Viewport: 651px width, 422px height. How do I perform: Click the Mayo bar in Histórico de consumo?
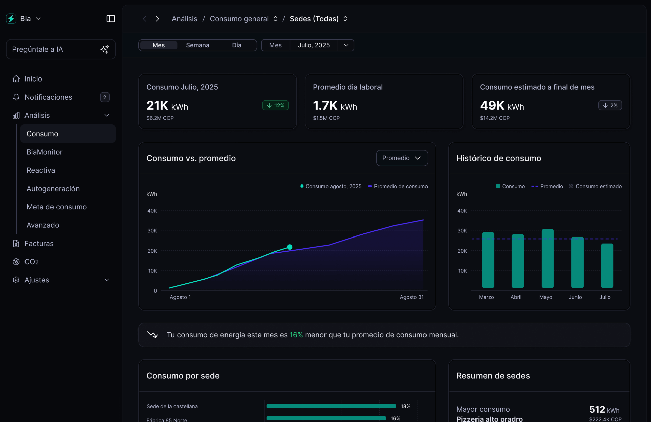tap(547, 259)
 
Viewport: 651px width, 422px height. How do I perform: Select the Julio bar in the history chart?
tap(607, 266)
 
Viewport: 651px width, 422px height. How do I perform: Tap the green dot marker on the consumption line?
tap(290, 247)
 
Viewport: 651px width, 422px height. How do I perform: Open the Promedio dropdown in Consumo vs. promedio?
tap(402, 158)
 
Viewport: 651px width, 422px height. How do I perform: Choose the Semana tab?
tap(197, 45)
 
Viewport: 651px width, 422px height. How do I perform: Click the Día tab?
tap(236, 45)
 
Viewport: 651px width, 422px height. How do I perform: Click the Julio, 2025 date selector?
tap(313, 45)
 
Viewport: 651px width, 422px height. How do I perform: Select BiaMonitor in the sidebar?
tap(44, 152)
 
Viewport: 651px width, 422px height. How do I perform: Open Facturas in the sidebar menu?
tap(39, 244)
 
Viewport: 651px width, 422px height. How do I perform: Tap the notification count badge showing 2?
tap(105, 97)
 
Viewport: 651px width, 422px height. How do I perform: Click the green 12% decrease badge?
tap(275, 105)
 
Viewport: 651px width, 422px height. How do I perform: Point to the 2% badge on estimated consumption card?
tap(610, 105)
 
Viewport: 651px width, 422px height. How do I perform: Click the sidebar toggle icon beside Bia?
tap(111, 19)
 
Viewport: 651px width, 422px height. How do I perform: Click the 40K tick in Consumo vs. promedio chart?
tap(152, 211)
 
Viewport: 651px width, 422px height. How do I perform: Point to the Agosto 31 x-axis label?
tap(411, 297)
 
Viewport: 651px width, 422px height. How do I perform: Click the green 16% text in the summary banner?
tap(296, 335)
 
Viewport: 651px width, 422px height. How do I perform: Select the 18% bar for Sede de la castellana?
tap(331, 406)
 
